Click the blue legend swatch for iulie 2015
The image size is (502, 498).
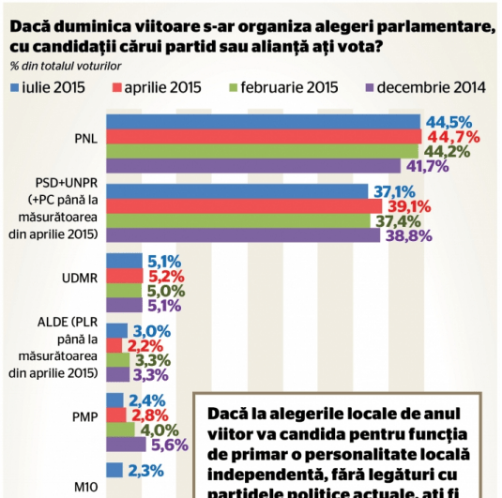point(15,88)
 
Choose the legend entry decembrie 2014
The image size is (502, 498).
point(432,88)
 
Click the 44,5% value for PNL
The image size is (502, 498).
point(449,122)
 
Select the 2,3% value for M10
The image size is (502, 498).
point(148,471)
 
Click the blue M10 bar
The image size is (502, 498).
point(115,471)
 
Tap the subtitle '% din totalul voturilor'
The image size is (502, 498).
point(66,65)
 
